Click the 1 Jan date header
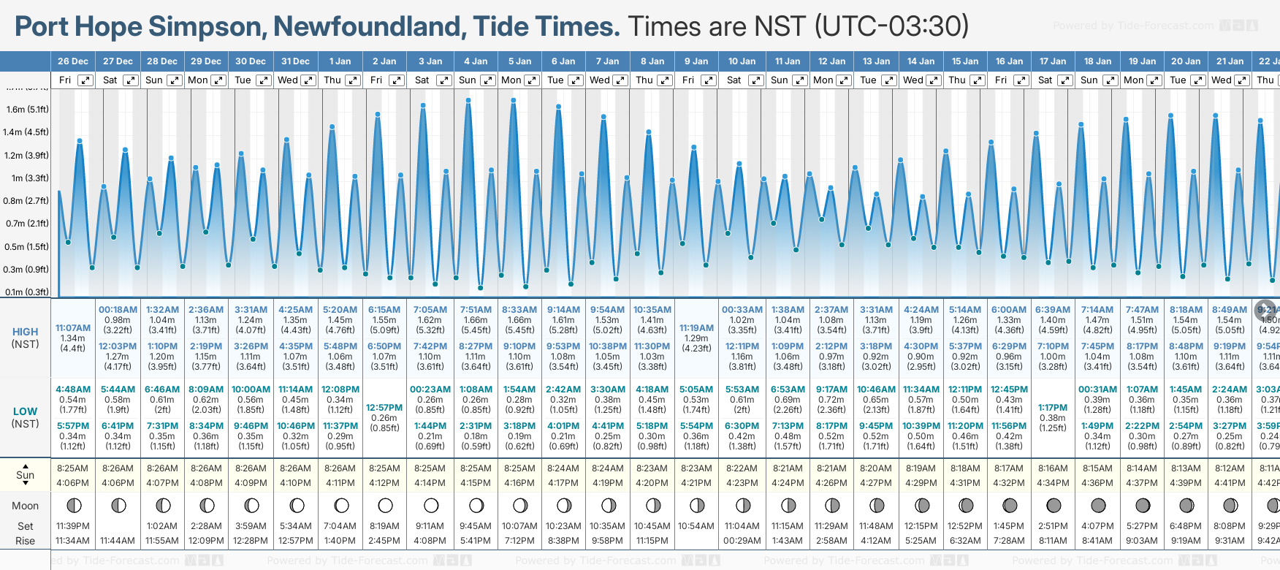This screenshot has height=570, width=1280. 340,61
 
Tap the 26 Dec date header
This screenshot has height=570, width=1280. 73,61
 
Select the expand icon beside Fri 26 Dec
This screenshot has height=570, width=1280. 85,80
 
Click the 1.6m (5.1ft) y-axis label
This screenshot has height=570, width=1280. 27,110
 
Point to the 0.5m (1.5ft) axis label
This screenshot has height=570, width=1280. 27,246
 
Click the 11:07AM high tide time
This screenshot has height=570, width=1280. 73,328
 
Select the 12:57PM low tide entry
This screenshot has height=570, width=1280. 384,408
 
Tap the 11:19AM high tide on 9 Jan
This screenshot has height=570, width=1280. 696,328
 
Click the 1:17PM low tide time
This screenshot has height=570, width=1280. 1053,408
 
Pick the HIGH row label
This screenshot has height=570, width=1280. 26,332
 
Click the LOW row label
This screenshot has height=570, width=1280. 26,411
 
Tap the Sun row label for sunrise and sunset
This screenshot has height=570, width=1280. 26,475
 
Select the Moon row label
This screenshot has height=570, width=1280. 26,506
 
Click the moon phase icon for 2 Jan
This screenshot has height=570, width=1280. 385,505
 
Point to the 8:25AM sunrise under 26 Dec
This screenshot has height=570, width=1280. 72,468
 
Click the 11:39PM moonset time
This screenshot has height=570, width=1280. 72,526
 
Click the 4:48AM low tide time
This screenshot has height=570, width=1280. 73,389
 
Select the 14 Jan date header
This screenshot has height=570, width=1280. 922,61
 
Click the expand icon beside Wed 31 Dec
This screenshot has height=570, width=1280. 308,80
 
